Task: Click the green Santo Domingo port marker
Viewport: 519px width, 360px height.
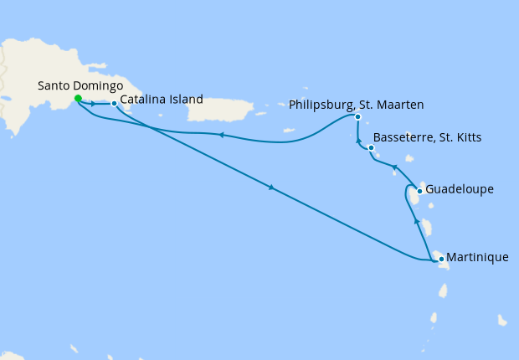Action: pos(78,98)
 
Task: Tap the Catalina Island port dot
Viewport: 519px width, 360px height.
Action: pos(114,104)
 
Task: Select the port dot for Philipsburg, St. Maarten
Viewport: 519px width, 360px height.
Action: pos(357,117)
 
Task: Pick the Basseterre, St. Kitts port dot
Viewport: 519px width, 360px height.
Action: pos(371,148)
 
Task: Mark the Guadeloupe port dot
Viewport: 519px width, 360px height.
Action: pos(419,191)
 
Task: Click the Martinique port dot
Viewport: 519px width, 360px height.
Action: pos(441,259)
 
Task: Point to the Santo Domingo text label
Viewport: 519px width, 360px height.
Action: pos(80,85)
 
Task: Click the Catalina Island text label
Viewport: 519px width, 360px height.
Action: pos(162,100)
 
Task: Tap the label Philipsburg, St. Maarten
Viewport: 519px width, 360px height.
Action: pos(356,105)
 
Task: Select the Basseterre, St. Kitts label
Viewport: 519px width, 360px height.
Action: pos(427,137)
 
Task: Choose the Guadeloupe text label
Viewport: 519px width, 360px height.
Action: pos(460,189)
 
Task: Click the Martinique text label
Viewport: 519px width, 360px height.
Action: pos(477,257)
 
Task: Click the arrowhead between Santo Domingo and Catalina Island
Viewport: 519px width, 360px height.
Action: pos(92,104)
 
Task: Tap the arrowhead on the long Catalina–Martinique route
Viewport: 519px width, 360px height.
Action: pos(271,188)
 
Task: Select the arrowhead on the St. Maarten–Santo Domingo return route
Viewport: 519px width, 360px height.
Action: pos(219,134)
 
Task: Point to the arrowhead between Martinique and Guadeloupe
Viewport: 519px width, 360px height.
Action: pos(417,221)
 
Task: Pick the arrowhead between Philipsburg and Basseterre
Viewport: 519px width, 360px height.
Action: pos(358,141)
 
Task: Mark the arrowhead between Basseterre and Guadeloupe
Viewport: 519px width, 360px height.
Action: pos(395,167)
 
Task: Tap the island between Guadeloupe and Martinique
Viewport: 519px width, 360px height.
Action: pos(426,227)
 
